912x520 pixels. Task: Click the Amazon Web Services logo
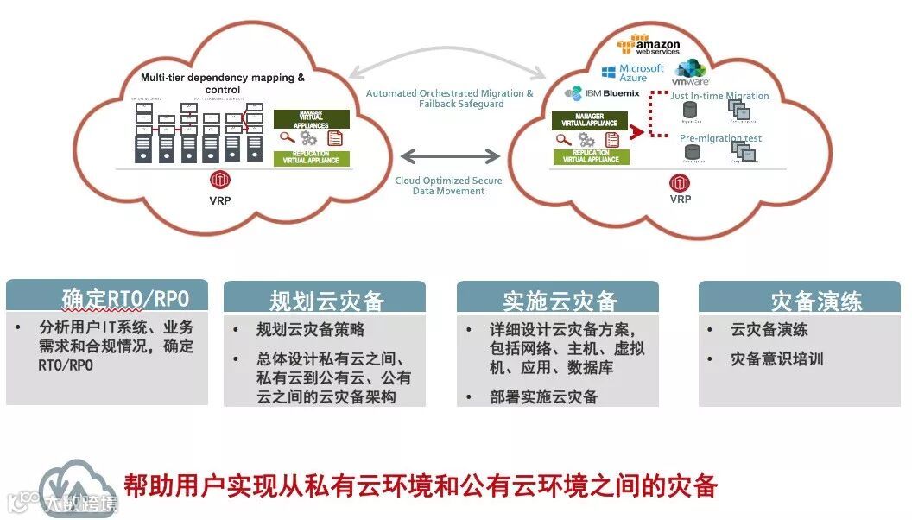tap(649, 44)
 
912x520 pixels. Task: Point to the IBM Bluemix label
tap(603, 92)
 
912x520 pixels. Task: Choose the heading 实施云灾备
tap(560, 300)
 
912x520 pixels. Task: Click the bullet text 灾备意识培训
tap(776, 358)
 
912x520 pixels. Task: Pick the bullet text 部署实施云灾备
tap(543, 396)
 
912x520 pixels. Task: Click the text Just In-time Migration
tap(719, 96)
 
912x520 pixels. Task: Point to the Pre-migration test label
tap(720, 138)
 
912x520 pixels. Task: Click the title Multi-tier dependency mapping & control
tap(223, 83)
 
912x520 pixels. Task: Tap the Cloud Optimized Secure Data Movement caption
tap(448, 186)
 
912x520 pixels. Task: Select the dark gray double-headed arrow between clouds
tap(449, 156)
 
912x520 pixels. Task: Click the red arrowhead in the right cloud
tap(638, 132)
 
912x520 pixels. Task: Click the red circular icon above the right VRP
tap(680, 182)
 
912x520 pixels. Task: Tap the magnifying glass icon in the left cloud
tap(286, 136)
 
